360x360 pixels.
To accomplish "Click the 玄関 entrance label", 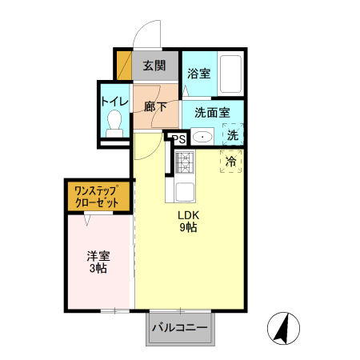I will coord(154,66).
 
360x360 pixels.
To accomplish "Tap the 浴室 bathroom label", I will coord(198,74).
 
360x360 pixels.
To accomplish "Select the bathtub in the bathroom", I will coord(231,74).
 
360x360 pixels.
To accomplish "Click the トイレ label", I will coord(113,102).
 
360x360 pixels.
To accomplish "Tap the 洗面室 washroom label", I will coord(211,113).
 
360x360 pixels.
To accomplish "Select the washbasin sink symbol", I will coord(202,136).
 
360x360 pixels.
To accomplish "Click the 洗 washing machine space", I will coord(232,135).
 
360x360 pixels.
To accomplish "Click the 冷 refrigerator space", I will coord(231,162).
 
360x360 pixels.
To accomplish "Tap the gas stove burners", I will coord(185,163).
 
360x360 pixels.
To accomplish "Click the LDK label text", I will coord(189,214).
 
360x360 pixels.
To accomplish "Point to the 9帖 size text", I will coord(189,227).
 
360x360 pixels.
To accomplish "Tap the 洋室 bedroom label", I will coord(98,256).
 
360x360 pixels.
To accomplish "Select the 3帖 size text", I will coord(98,269).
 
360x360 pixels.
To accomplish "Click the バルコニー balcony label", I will coord(179,328).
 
